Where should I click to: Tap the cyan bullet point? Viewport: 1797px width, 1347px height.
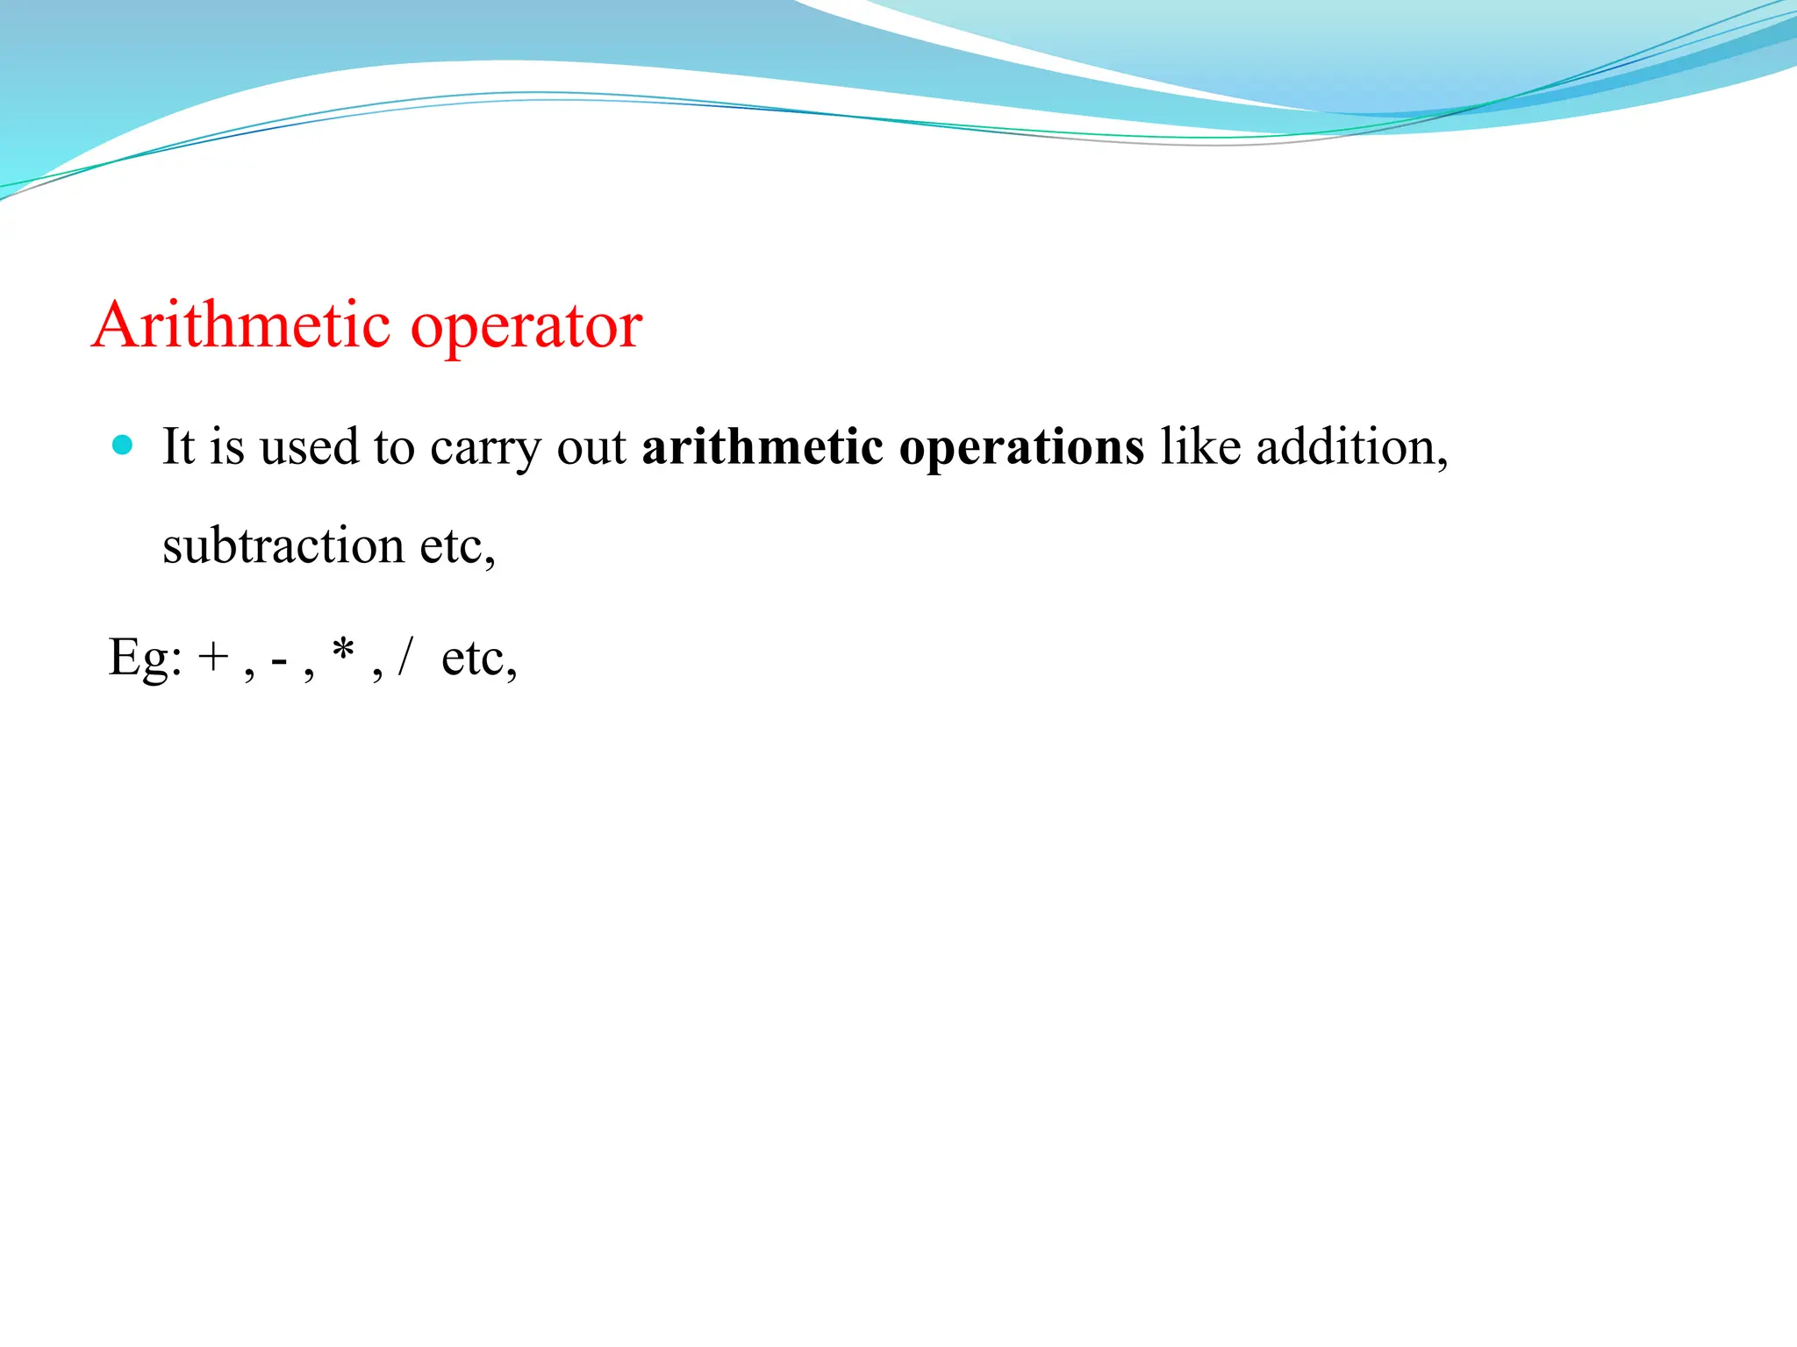coord(123,445)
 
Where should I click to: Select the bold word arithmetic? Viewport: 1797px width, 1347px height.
coord(762,446)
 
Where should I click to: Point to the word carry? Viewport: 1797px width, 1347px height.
coord(485,449)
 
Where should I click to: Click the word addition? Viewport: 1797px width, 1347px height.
coord(1350,446)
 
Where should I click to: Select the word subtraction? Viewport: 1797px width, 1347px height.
coord(283,545)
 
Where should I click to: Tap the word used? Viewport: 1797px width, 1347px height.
coord(310,446)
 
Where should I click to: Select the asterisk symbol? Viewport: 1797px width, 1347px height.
coord(343,652)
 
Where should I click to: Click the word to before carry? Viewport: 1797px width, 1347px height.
coord(394,448)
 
